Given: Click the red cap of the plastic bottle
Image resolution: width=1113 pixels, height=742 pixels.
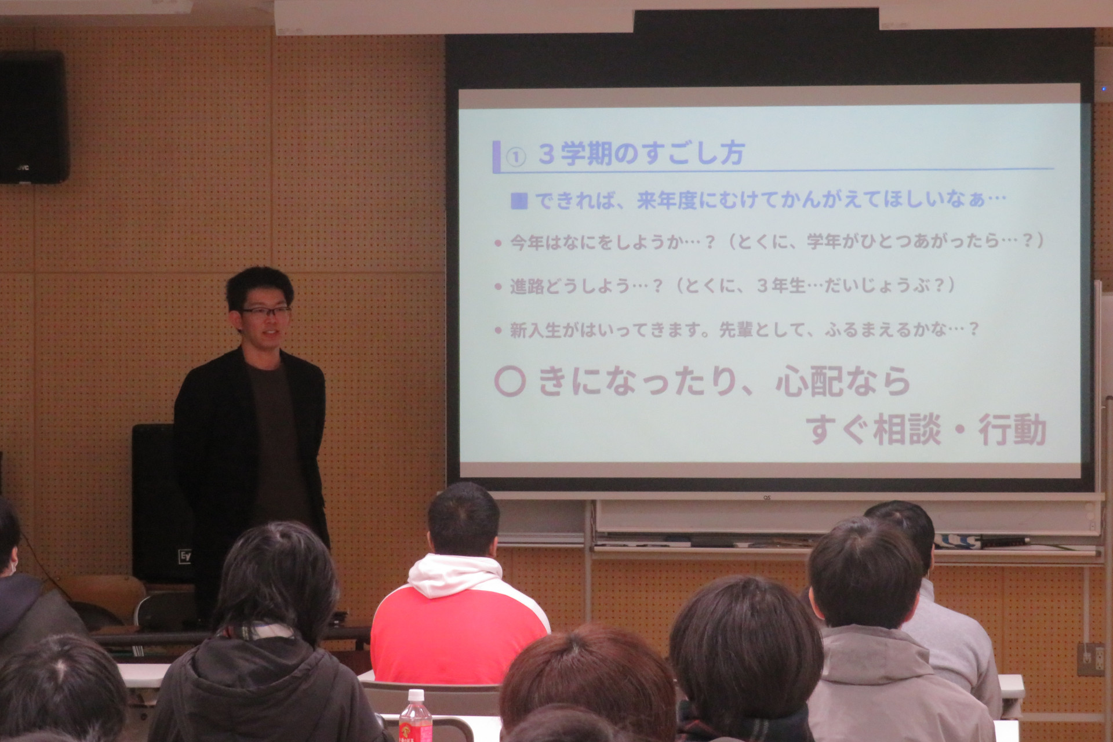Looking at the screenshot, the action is point(416,695).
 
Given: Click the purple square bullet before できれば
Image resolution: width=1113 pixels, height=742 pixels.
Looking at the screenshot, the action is point(519,201).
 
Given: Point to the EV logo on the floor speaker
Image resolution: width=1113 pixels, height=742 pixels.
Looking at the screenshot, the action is point(184,555).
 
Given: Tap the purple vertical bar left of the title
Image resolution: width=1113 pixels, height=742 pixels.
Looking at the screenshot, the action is point(496,157).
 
